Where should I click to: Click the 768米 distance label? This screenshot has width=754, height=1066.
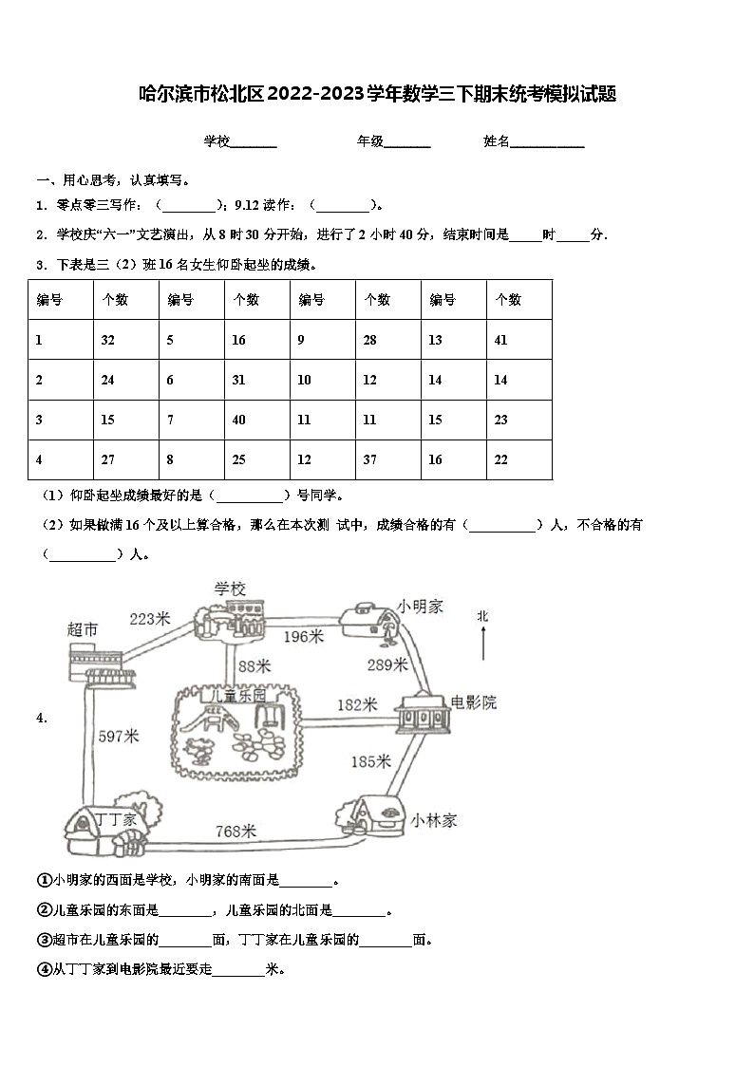pos(236,832)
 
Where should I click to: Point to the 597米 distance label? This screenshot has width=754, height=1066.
pos(119,736)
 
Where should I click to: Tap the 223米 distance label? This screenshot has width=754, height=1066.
pos(149,619)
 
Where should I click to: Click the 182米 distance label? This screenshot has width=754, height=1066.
pos(357,704)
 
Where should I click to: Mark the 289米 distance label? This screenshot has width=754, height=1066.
pos(386,664)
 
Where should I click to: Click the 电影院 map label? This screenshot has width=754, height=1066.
pos(473,702)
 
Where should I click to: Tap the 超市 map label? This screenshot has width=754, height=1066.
pos(84,628)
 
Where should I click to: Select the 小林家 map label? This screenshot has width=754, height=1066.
pos(434,820)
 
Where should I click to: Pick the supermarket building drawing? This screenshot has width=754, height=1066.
pos(91,663)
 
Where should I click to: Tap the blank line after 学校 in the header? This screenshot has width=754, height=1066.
pos(254,142)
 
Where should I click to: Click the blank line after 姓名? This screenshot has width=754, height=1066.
pos(548,142)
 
